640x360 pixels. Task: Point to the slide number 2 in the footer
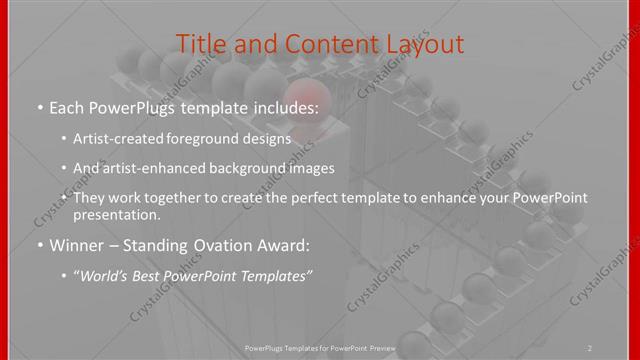pyautogui.click(x=589, y=347)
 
